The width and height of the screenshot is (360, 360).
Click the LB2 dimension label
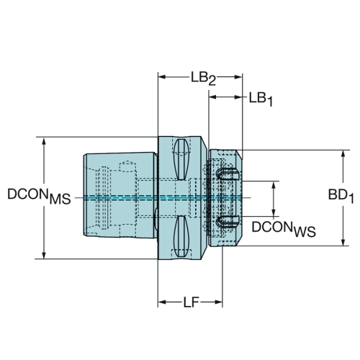(x=203, y=78)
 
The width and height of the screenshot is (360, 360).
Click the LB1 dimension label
(x=261, y=99)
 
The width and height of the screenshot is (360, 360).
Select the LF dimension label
(x=192, y=302)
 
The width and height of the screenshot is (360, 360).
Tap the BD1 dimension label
(x=341, y=196)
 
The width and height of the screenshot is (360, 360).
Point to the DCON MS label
(x=39, y=196)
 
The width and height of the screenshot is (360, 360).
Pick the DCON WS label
(x=284, y=229)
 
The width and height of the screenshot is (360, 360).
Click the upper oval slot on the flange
(x=181, y=159)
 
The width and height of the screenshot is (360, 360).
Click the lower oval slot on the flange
(x=181, y=236)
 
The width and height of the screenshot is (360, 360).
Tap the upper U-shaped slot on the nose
(x=228, y=175)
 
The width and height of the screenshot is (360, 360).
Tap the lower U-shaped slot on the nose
(x=228, y=222)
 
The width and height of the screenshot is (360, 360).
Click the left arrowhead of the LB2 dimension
(x=162, y=77)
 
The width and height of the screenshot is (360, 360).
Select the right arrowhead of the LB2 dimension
(x=238, y=77)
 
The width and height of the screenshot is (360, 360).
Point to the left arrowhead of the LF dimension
(x=162, y=302)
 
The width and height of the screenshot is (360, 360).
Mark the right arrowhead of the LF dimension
(x=218, y=302)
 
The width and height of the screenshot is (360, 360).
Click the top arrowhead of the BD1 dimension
(x=343, y=154)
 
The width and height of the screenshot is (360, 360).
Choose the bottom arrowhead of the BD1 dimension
(x=343, y=242)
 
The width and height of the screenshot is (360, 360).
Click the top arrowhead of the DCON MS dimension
(x=44, y=141)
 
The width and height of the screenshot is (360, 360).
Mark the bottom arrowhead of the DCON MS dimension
(x=44, y=255)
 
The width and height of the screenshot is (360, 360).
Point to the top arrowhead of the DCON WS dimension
(x=274, y=185)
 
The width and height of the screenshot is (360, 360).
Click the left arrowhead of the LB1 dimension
(x=213, y=97)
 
